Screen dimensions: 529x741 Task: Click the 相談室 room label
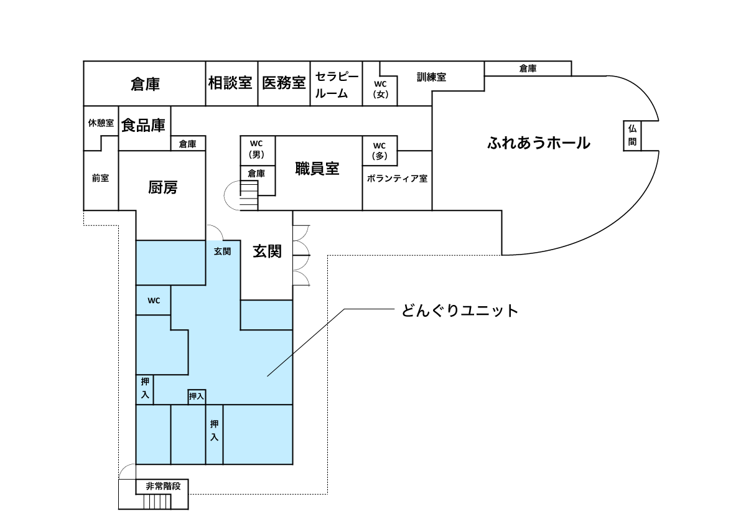[230, 82]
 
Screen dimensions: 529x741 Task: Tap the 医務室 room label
[284, 82]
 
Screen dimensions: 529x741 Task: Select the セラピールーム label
[337, 85]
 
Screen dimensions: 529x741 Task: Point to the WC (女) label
[380, 89]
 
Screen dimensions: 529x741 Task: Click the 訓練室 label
[431, 77]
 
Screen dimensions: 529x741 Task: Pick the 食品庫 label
[144, 125]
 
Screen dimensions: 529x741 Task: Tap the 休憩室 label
[100, 123]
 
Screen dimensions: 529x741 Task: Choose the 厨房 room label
[162, 187]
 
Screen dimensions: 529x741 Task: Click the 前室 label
[100, 178]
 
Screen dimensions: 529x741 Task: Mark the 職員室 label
[317, 169]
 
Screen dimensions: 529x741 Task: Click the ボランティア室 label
[397, 179]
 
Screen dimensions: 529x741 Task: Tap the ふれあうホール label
[538, 143]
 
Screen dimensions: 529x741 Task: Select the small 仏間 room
[632, 136]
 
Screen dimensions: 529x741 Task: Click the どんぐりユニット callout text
[459, 311]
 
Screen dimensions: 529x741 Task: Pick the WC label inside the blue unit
[154, 301]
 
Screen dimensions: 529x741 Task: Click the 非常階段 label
[163, 486]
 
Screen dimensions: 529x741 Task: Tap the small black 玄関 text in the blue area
[222, 251]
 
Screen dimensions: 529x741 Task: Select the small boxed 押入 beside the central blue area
[197, 396]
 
